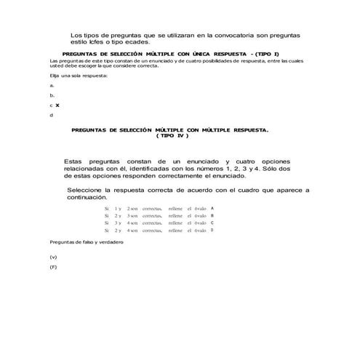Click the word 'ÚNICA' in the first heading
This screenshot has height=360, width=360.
tap(193, 55)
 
